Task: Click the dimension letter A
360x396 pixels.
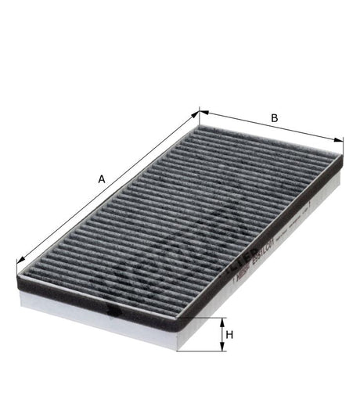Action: click(102, 178)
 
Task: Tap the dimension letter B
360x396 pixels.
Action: click(274, 118)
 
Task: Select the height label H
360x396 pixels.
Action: click(229, 336)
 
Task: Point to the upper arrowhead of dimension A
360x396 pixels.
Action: click(196, 113)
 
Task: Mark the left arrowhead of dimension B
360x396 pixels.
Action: click(203, 111)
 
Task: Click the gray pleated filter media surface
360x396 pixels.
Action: click(180, 211)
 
